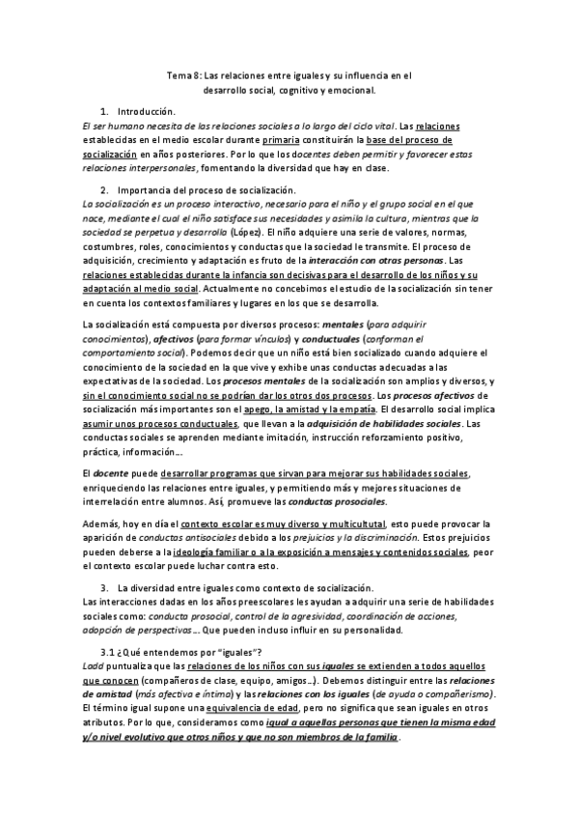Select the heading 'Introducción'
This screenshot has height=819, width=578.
click(x=147, y=112)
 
